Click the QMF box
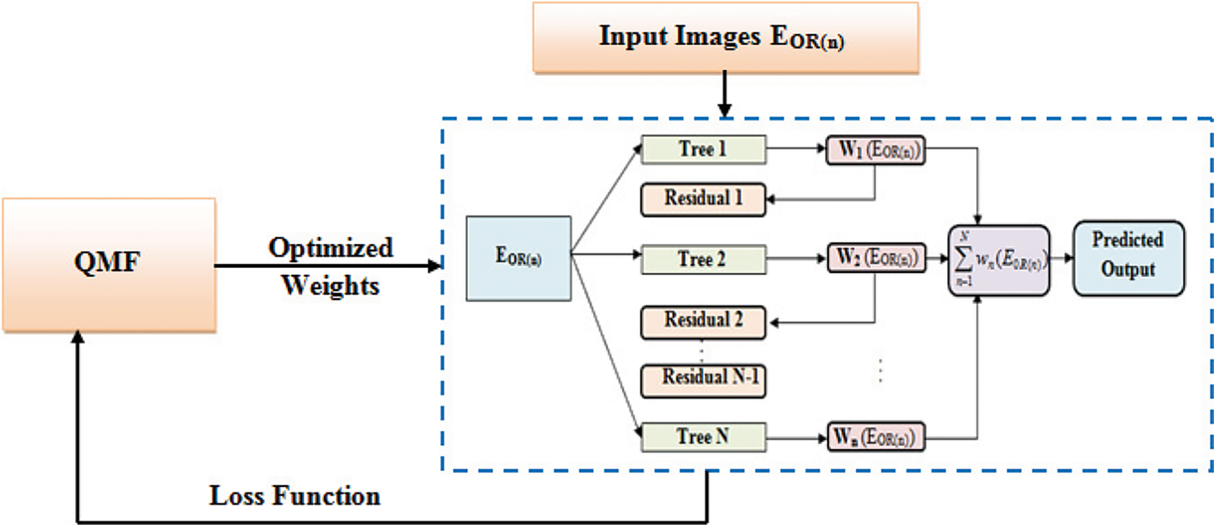(109, 264)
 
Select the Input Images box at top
(725, 37)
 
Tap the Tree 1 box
(703, 150)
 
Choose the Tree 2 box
(703, 260)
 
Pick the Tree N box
(703, 437)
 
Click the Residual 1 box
(703, 199)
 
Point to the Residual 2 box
(703, 322)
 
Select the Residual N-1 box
(703, 380)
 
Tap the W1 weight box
(876, 150)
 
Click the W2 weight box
(876, 258)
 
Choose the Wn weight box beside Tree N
(876, 437)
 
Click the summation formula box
(998, 260)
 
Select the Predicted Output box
(1128, 258)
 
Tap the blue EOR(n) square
(518, 258)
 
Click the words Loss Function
(294, 496)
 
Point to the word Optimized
(331, 248)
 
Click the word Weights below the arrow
(331, 285)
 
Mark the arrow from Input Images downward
(724, 93)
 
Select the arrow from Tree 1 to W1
(795, 148)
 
